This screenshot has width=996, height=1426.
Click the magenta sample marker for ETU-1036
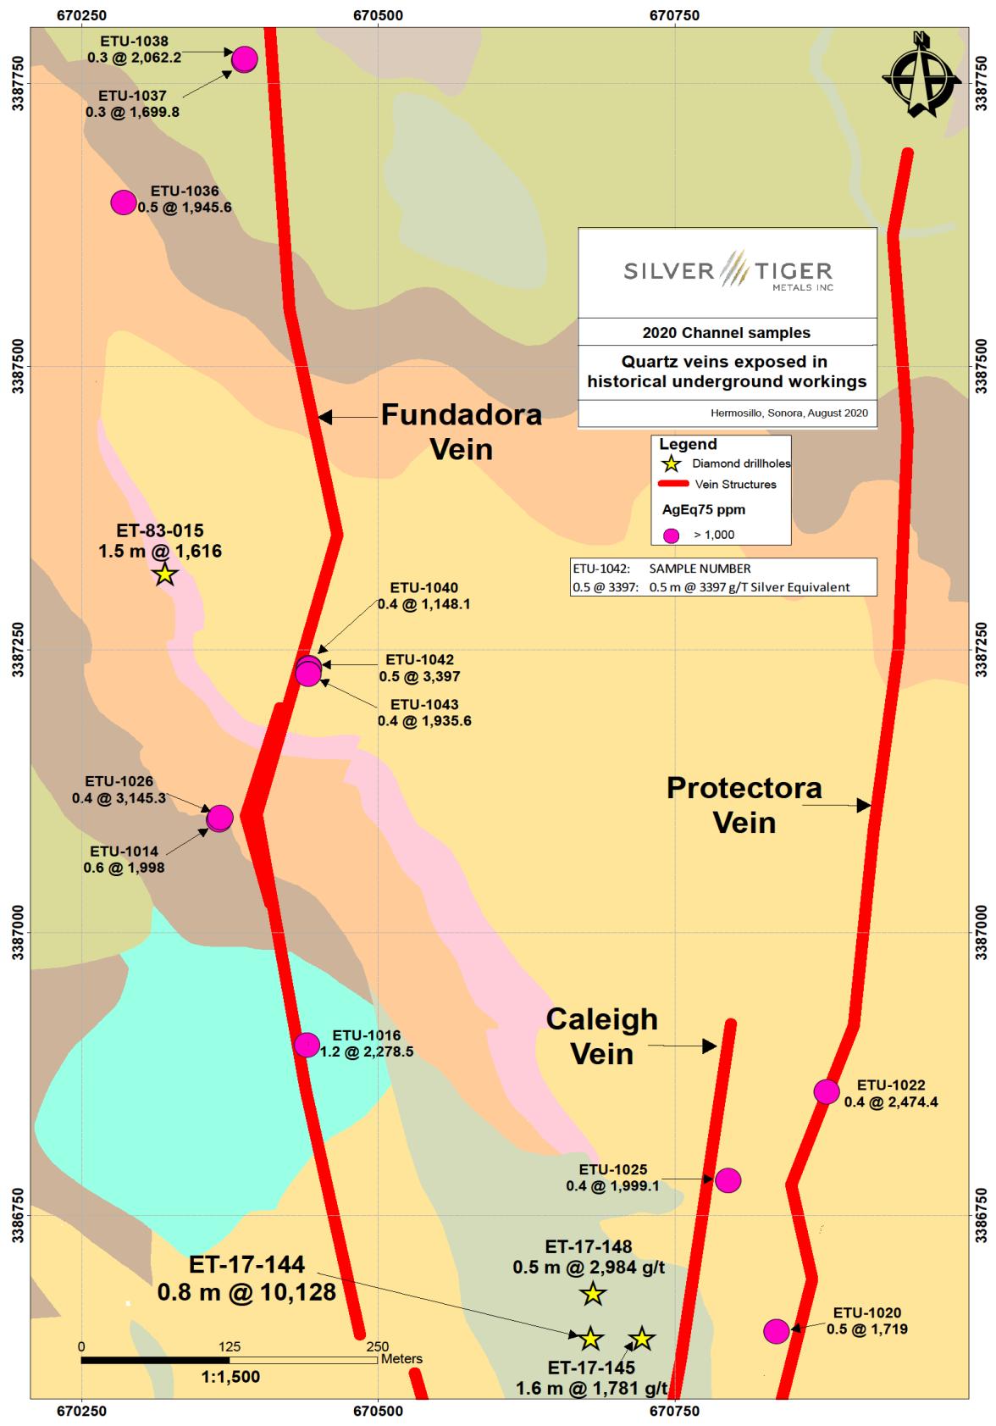click(x=124, y=202)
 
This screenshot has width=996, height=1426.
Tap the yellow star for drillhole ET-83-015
click(x=165, y=574)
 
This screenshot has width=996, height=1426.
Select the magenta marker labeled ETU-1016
click(x=307, y=1045)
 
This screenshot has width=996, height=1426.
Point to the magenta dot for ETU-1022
click(x=827, y=1091)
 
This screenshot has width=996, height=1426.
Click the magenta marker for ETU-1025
click(x=728, y=1179)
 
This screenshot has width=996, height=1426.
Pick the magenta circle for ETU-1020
click(x=776, y=1331)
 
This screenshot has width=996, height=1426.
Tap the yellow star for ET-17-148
click(x=593, y=1294)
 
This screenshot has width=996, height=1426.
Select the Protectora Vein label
click(x=744, y=805)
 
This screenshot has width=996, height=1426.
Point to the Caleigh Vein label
click(x=601, y=1035)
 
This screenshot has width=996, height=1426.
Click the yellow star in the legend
click(x=672, y=463)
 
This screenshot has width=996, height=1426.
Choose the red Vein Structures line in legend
click(x=672, y=484)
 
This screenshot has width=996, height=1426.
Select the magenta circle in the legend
click(x=672, y=535)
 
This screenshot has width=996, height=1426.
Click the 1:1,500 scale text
click(x=230, y=1377)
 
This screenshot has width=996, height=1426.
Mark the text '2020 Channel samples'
click(x=727, y=333)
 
